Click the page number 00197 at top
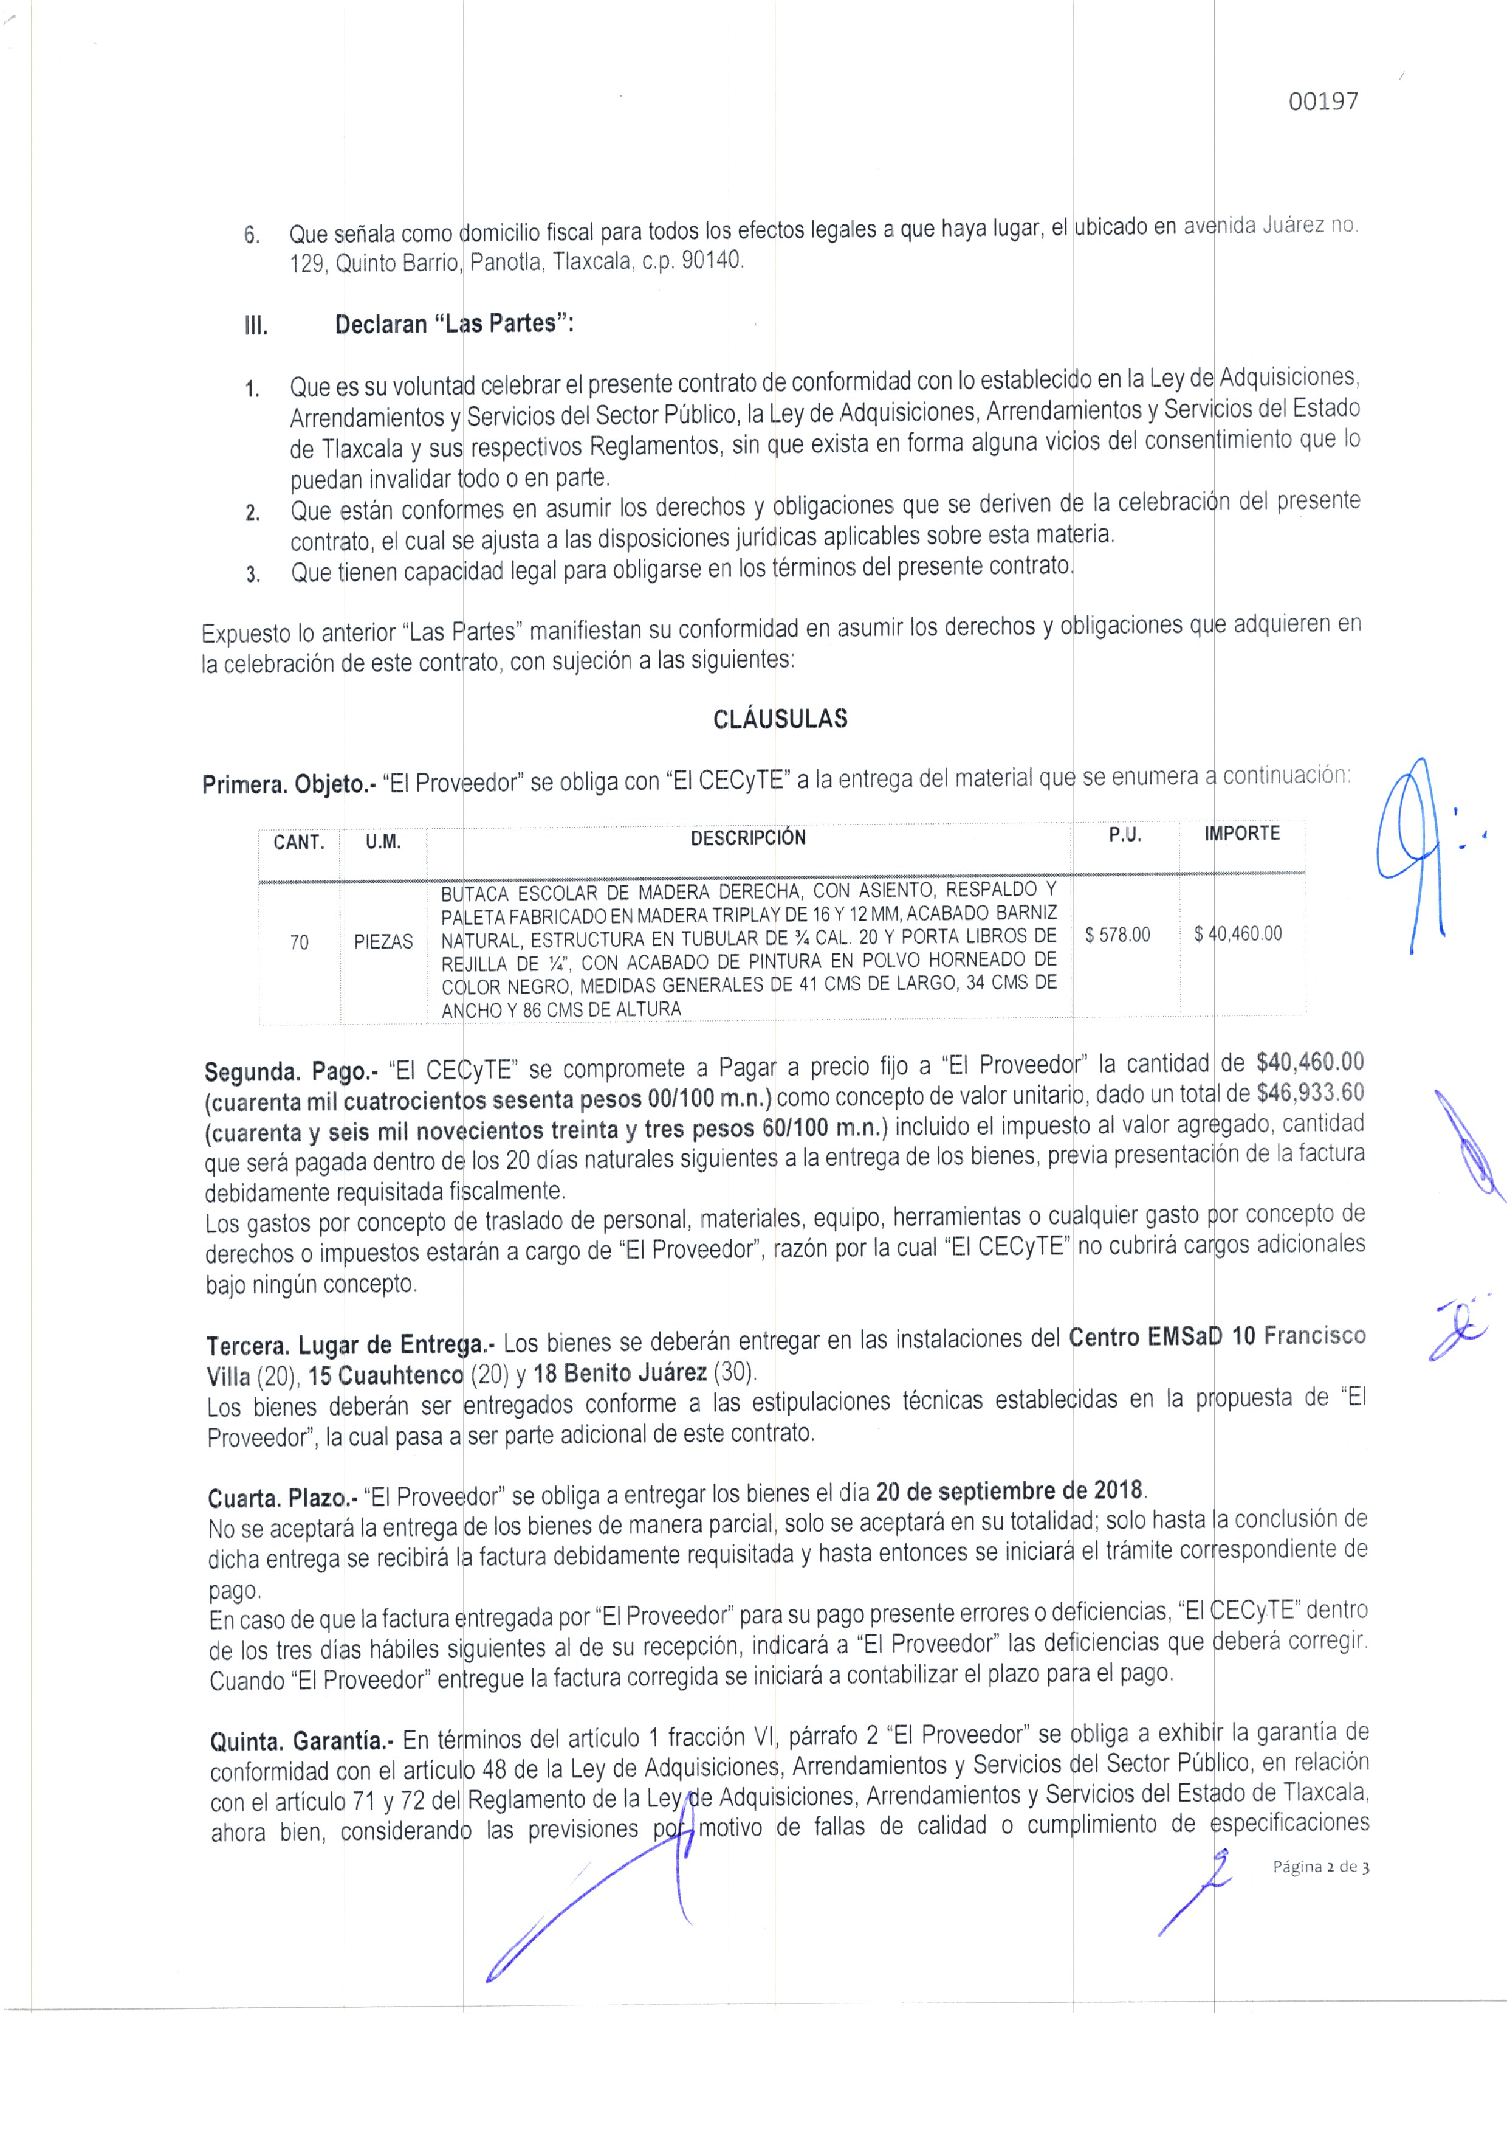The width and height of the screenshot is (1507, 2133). [1323, 102]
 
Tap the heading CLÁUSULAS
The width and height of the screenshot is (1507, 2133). [780, 719]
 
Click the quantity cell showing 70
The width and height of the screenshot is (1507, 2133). [299, 942]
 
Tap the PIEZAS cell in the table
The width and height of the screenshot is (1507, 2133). [383, 942]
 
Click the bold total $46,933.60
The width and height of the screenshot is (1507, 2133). [1310, 1093]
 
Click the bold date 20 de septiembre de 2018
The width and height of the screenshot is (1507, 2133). [1011, 1491]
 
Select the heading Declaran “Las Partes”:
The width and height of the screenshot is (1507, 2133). [454, 324]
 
